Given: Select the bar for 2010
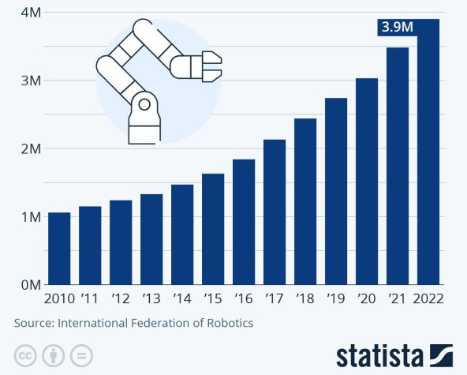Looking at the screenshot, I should click(59, 248).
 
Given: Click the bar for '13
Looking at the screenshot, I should click(151, 238).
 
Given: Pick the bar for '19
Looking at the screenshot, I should click(336, 190).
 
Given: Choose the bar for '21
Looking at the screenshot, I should click(398, 165).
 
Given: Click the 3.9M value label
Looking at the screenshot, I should click(397, 27).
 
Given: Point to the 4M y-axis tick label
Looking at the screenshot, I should click(28, 13).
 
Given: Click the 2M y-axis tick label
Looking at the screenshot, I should click(28, 148).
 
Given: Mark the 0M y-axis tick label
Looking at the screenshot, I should click(28, 284).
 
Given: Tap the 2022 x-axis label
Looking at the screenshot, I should click(428, 299).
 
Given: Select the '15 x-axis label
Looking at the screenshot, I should click(213, 299).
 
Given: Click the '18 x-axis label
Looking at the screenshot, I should click(305, 299).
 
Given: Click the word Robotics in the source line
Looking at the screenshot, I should click(230, 323).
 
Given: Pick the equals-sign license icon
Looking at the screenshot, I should click(82, 353).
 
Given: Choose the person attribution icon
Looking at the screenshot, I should click(54, 353).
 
